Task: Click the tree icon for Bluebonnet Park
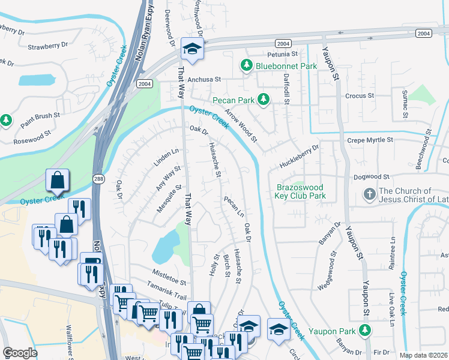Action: pos(246,64)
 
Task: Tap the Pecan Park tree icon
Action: pos(262,99)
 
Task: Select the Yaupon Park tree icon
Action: pos(364,330)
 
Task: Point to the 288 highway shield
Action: pos(99,178)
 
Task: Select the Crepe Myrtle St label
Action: pos(370,140)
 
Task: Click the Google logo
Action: pos(20,353)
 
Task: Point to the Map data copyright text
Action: pos(424,355)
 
